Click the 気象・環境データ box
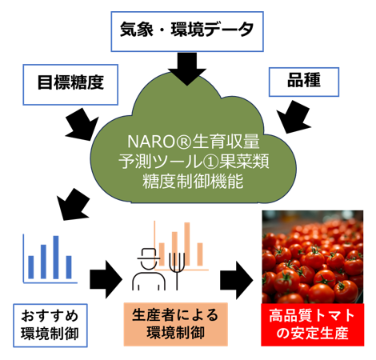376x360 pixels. [x=187, y=31]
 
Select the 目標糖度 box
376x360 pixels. [x=70, y=85]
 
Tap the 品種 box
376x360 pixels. [x=304, y=82]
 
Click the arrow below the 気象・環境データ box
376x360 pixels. [x=187, y=69]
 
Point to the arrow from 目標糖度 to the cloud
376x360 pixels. [x=82, y=125]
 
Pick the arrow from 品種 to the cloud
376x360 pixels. [x=294, y=117]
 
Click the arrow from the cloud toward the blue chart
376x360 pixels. [x=73, y=204]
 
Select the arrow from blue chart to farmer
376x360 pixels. [x=106, y=279]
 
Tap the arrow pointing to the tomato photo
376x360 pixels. [x=236, y=280]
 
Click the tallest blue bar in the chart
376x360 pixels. [x=56, y=257]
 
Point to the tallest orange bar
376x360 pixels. [x=187, y=244]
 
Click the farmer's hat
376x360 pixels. [x=149, y=254]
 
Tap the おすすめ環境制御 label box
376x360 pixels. [x=50, y=326]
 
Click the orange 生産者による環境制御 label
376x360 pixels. [x=176, y=324]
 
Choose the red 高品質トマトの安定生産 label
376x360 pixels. [x=312, y=325]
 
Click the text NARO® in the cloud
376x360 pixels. [x=159, y=142]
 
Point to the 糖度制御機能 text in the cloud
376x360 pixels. [x=193, y=182]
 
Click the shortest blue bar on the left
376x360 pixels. [x=31, y=267]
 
